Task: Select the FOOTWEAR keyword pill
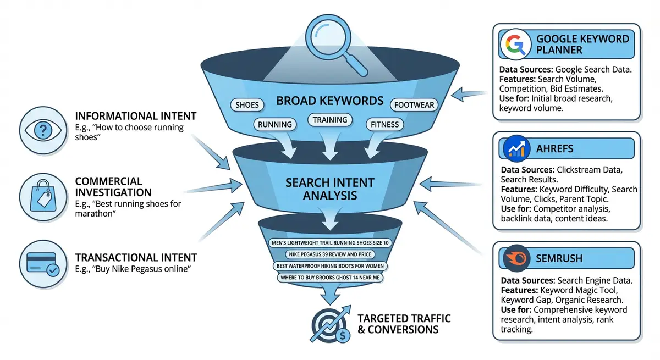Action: [x=414, y=104]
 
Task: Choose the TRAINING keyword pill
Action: [x=330, y=119]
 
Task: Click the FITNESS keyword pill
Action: [x=385, y=124]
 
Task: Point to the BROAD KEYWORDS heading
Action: [x=329, y=101]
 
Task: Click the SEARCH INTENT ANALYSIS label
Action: [x=329, y=188]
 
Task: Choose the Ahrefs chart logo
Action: [x=515, y=149]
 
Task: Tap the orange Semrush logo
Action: [x=515, y=257]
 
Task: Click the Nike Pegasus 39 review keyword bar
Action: [x=330, y=254]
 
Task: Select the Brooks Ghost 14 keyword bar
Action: [x=330, y=278]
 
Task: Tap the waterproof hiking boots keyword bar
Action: [x=330, y=266]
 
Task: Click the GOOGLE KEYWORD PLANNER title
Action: [x=582, y=45]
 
